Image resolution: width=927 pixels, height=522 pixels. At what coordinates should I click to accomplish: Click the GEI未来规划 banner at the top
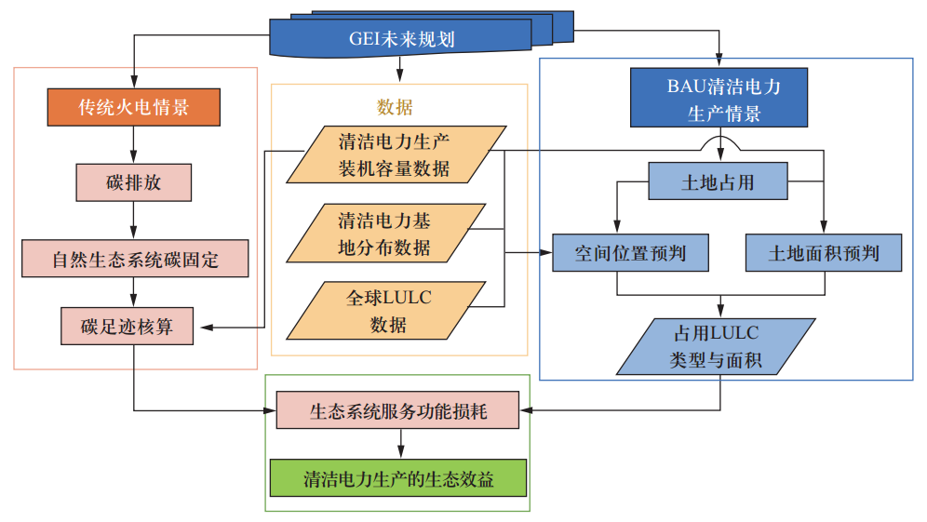pyautogui.click(x=401, y=39)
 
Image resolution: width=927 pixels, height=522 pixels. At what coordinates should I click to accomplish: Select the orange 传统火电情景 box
pyautogui.click(x=133, y=107)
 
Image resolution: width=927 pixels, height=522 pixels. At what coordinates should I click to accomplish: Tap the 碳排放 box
pyautogui.click(x=133, y=182)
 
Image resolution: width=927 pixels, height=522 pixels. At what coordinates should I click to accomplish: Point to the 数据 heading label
pyautogui.click(x=394, y=107)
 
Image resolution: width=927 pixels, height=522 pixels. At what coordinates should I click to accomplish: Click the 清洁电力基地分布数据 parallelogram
pyautogui.click(x=384, y=234)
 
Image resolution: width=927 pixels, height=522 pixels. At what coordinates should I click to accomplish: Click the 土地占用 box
pyautogui.click(x=718, y=182)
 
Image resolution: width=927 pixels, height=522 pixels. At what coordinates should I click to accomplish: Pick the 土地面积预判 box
pyautogui.click(x=824, y=252)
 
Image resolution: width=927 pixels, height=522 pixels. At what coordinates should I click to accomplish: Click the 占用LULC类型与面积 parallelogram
pyautogui.click(x=716, y=346)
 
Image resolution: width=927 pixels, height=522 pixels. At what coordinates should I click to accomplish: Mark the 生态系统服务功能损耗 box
pyautogui.click(x=397, y=409)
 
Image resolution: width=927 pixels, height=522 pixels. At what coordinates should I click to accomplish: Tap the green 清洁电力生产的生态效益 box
pyautogui.click(x=397, y=478)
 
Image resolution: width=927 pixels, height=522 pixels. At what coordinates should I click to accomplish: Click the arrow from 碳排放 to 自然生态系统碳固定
pyautogui.click(x=134, y=220)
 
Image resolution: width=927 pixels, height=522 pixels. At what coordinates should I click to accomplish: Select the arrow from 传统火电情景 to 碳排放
pyautogui.click(x=134, y=144)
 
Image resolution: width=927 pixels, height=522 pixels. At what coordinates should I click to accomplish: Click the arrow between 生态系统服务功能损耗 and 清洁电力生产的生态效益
pyautogui.click(x=400, y=444)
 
